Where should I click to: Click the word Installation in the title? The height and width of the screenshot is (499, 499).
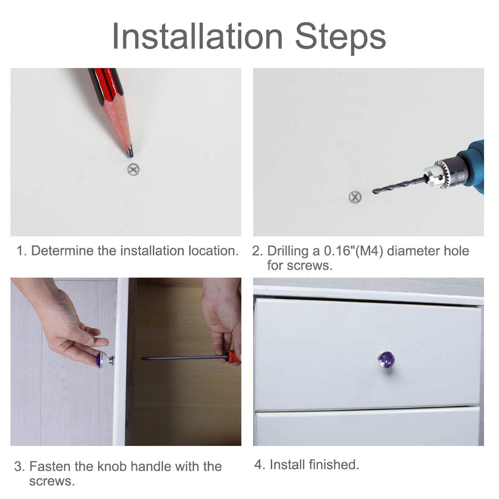[197, 37]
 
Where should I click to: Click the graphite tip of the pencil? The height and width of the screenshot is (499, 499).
[130, 152]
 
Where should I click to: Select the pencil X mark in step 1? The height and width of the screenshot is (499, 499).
[133, 169]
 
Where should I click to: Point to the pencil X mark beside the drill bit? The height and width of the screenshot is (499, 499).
[355, 197]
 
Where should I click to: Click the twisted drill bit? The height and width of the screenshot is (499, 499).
[399, 185]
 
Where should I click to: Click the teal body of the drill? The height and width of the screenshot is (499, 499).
[473, 166]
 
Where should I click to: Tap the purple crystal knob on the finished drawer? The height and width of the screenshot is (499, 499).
[386, 360]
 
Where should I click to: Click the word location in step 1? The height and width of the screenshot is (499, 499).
[213, 251]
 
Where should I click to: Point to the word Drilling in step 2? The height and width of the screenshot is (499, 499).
[288, 251]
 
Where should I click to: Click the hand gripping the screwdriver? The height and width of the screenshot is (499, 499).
[223, 322]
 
